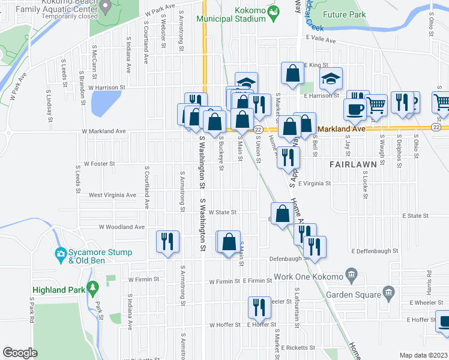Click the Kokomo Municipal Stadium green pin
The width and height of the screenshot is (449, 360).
pyautogui.click(x=273, y=10)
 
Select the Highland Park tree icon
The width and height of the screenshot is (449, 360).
pyautogui.click(x=92, y=288)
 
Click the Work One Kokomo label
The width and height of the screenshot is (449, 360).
pyautogui.click(x=307, y=277)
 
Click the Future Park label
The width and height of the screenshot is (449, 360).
pyautogui.click(x=344, y=14)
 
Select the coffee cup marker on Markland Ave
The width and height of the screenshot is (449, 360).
pyautogui.click(x=354, y=109)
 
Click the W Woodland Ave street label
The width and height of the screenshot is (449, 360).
pyautogui.click(x=122, y=227)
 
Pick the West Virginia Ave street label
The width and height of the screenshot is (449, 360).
pyautogui.click(x=112, y=195)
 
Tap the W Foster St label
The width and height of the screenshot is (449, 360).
pyautogui.click(x=99, y=163)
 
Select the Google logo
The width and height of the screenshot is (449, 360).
pyautogui.click(x=20, y=353)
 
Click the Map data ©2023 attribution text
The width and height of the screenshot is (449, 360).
pyautogui.click(x=423, y=355)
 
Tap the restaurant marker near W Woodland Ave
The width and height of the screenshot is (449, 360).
pyautogui.click(x=167, y=241)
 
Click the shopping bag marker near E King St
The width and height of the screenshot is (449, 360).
pyautogui.click(x=292, y=74)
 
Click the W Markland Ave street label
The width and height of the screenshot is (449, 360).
pyautogui.click(x=104, y=131)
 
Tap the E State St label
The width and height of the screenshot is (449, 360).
pyautogui.click(x=415, y=215)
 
